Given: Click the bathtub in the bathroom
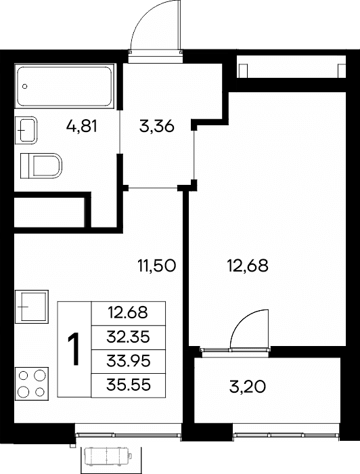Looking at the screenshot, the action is tap(65, 86).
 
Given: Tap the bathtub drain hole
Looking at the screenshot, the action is tap(25, 86).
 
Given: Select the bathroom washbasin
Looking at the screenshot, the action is tap(26, 130).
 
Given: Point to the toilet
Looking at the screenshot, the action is tap(41, 166).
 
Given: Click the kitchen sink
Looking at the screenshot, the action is tap(32, 307).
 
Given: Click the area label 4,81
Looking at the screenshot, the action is tap(82, 126).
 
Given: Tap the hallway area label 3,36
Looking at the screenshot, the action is tap(157, 126).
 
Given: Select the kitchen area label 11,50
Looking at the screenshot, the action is tap(156, 266).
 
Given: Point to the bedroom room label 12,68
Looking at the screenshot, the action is tap(248, 266).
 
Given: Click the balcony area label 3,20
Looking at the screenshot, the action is tap(248, 387).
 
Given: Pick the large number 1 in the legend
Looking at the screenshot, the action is tap(73, 349).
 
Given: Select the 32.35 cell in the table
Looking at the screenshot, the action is tap(128, 337).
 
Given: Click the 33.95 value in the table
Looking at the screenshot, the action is tap(128, 361).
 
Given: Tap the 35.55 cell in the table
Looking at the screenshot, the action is tap(128, 385).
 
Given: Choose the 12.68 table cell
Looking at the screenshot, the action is tap(128, 313).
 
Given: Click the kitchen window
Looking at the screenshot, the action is tap(128, 435).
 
